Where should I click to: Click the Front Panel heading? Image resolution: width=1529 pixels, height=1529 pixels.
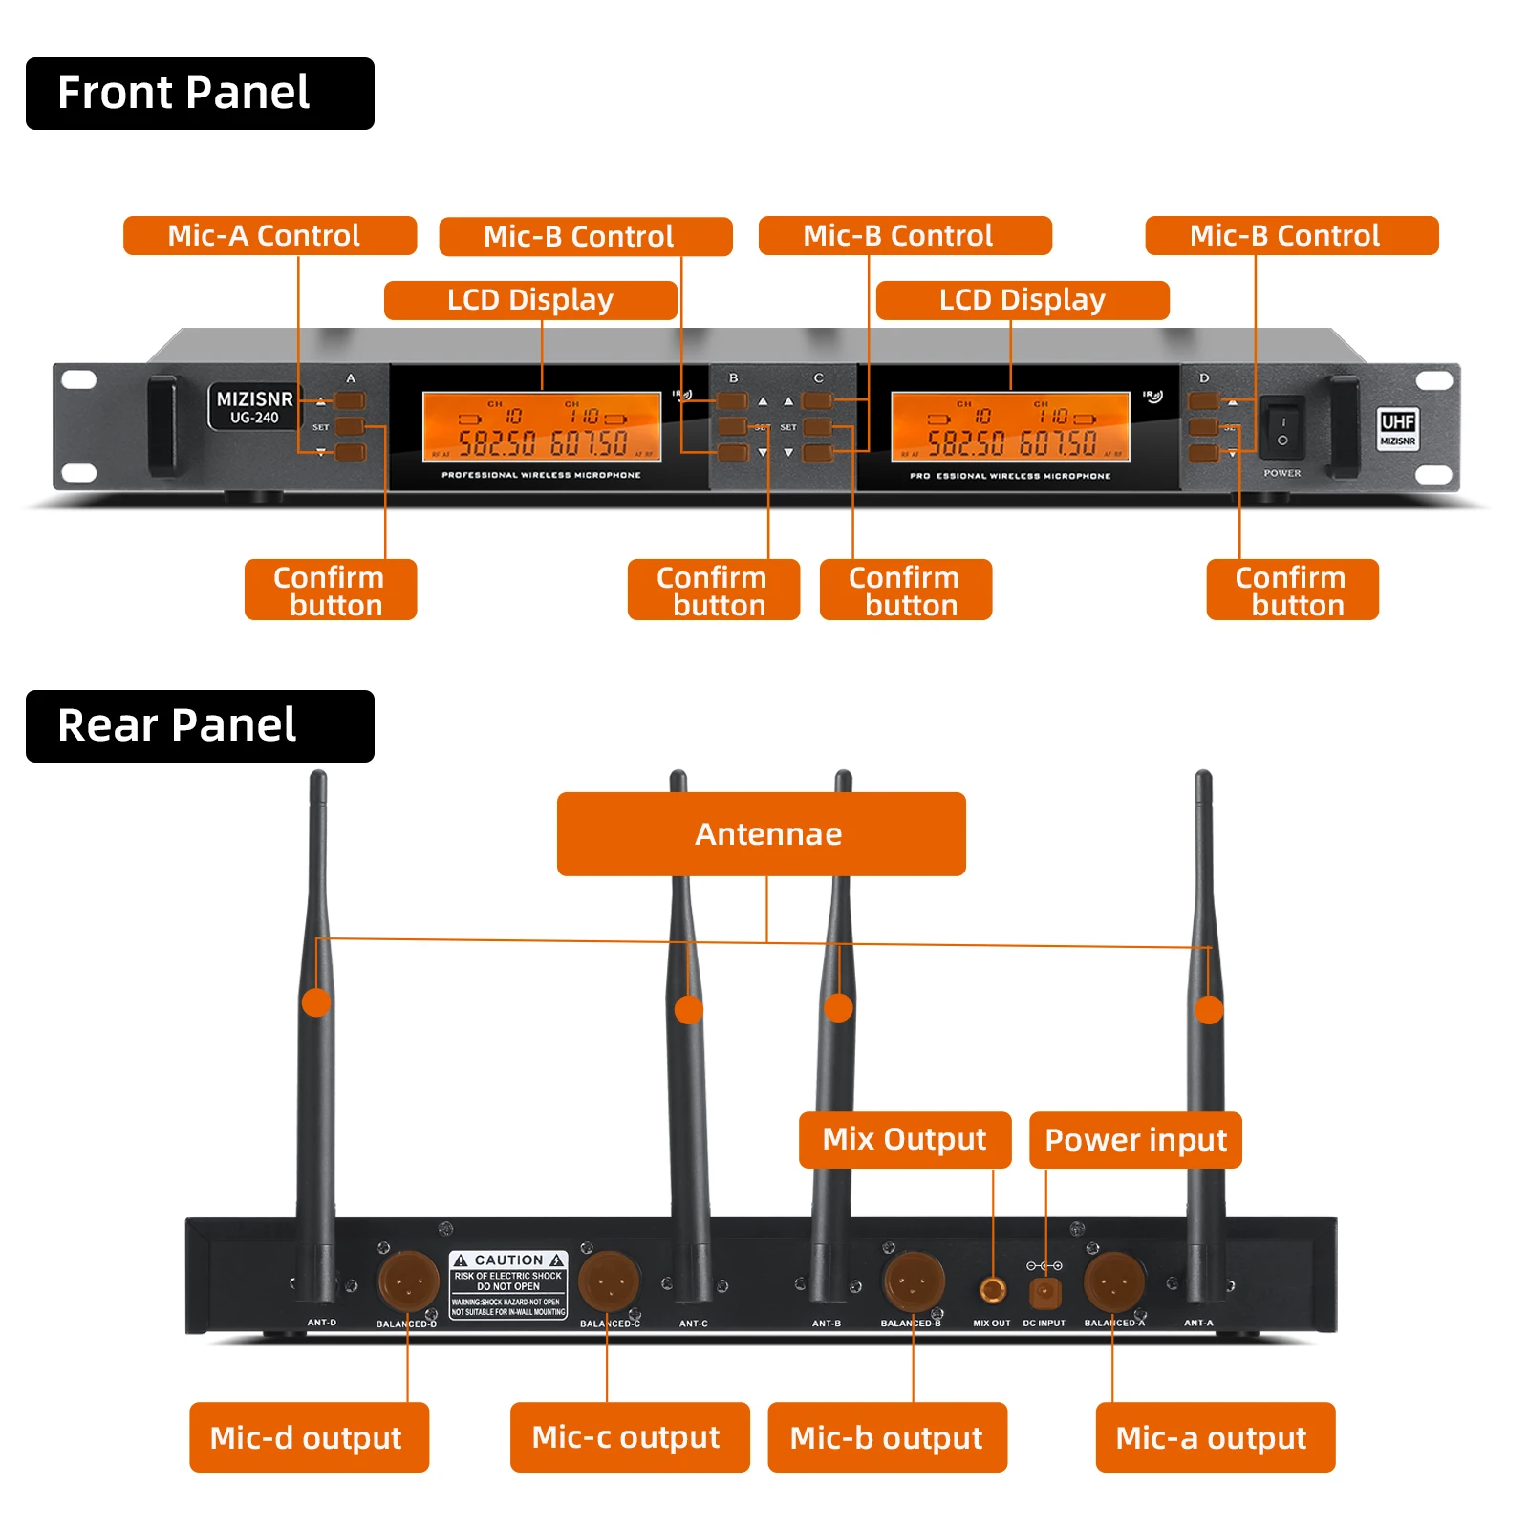pyautogui.click(x=199, y=94)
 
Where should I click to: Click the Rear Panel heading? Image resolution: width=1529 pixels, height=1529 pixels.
pyautogui.click(x=199, y=726)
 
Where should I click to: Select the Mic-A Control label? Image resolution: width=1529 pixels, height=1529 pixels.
pyautogui.click(x=269, y=236)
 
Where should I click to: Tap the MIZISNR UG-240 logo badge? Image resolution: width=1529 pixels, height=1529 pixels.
pyautogui.click(x=254, y=407)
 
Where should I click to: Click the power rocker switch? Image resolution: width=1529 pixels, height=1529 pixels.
pyautogui.click(x=1281, y=427)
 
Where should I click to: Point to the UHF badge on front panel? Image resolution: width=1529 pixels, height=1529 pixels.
pyautogui.click(x=1397, y=427)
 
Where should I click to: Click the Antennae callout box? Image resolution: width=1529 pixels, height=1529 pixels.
pyautogui.click(x=761, y=834)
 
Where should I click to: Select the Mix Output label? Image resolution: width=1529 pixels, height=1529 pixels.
pyautogui.click(x=904, y=1139)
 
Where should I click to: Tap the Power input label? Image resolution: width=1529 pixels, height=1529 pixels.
pyautogui.click(x=1134, y=1139)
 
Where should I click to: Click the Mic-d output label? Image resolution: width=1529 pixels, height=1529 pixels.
pyautogui.click(x=308, y=1437)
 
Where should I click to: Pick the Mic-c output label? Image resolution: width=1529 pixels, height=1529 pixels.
pyautogui.click(x=629, y=1437)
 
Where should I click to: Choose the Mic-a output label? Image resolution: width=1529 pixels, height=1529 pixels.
pyautogui.click(x=1214, y=1437)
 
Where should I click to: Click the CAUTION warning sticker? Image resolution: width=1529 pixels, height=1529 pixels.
pyautogui.click(x=508, y=1284)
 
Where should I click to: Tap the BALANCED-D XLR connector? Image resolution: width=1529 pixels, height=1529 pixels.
pyautogui.click(x=408, y=1281)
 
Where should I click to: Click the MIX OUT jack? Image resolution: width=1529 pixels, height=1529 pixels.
pyautogui.click(x=993, y=1290)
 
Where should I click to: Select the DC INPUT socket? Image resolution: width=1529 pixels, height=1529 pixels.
pyautogui.click(x=1044, y=1293)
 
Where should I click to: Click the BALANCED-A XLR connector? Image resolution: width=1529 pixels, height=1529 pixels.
pyautogui.click(x=1113, y=1281)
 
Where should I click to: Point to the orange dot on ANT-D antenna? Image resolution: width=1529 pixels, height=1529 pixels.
pyautogui.click(x=316, y=1002)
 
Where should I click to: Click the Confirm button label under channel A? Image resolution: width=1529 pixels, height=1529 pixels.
pyautogui.click(x=330, y=591)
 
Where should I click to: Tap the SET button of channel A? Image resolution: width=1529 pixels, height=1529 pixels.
pyautogui.click(x=350, y=426)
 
